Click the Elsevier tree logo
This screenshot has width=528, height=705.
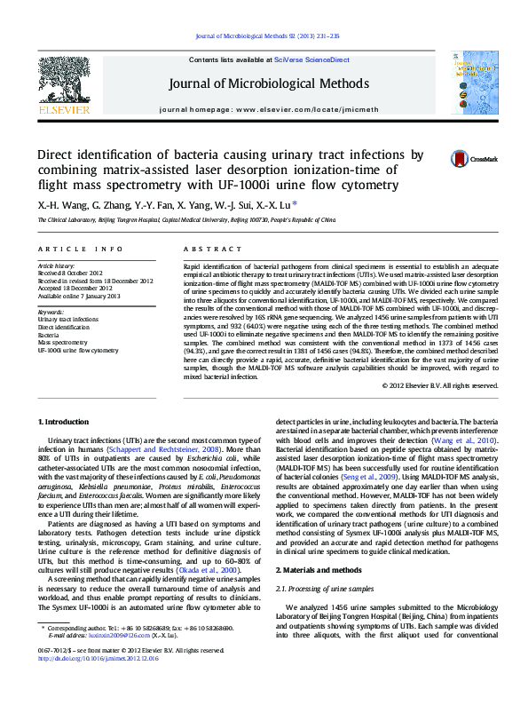pyautogui.click(x=63, y=80)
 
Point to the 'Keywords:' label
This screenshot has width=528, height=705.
pyautogui.click(x=51, y=313)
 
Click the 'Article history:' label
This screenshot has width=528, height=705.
pyautogui.click(x=57, y=265)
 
